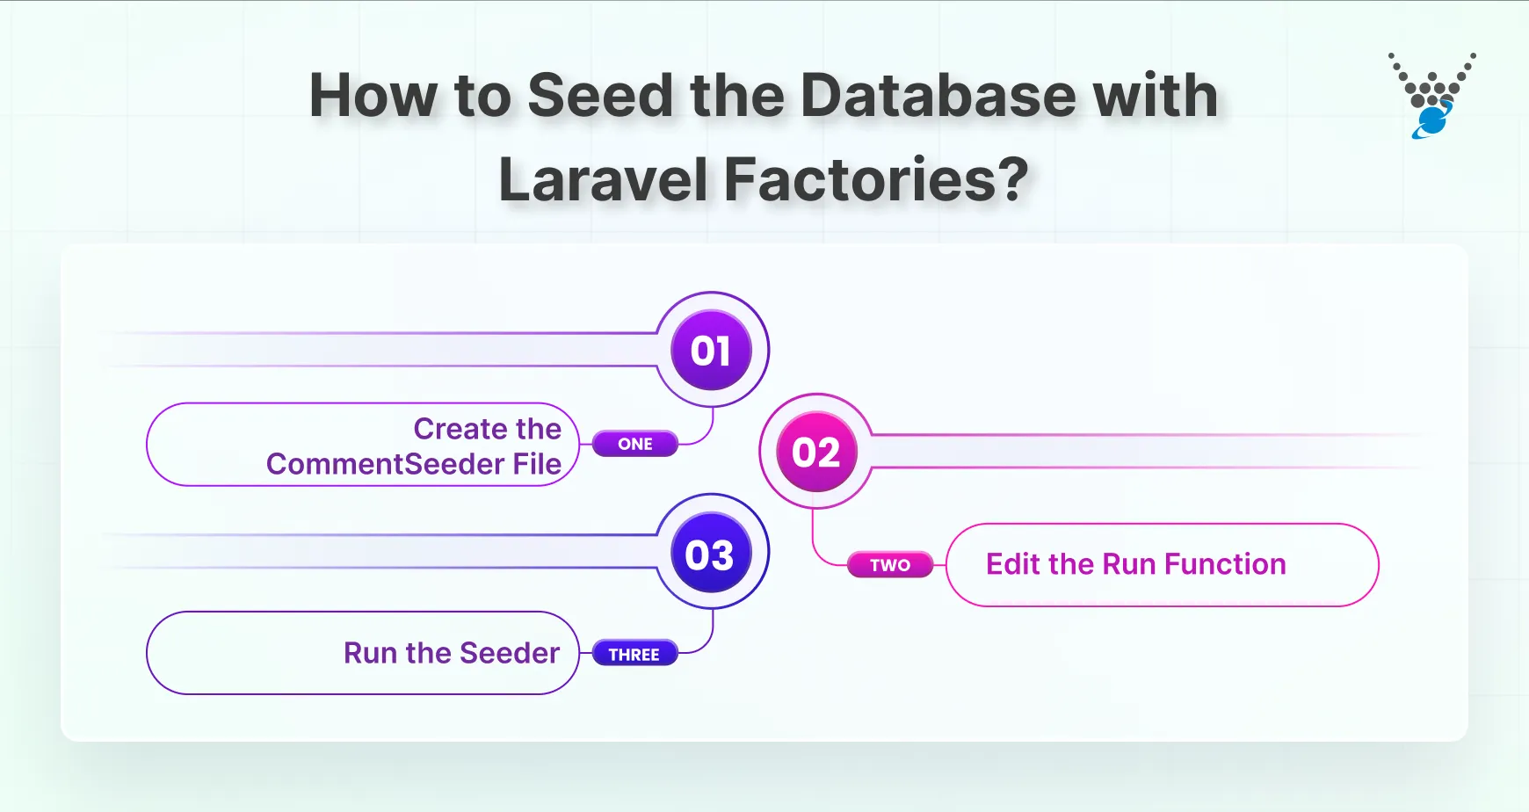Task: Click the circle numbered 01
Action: click(x=711, y=351)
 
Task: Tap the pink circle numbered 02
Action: click(x=816, y=453)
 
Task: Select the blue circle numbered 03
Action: click(x=710, y=555)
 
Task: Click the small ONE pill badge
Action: click(x=635, y=444)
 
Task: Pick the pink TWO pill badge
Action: click(x=890, y=565)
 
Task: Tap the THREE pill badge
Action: click(x=634, y=655)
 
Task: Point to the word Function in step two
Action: click(x=1225, y=564)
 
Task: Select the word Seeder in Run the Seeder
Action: click(x=510, y=653)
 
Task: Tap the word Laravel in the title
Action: click(x=603, y=180)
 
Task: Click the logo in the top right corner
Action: click(x=1431, y=95)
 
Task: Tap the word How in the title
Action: click(x=373, y=95)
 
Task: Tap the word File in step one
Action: click(x=537, y=464)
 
